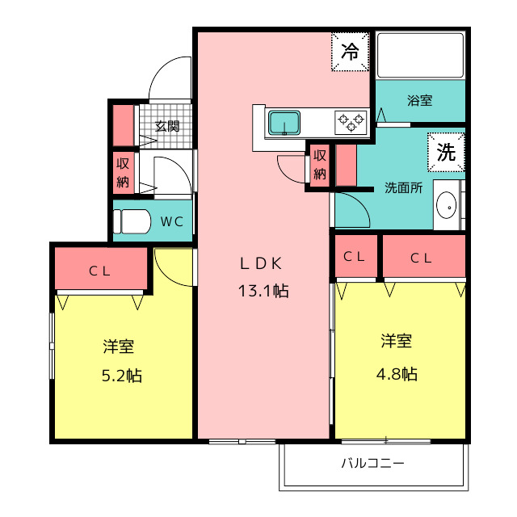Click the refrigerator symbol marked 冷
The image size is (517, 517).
tap(350, 52)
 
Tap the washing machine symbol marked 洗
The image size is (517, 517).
tap(446, 152)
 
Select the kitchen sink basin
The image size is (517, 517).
tap(284, 123)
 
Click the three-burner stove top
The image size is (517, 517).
tap(351, 123)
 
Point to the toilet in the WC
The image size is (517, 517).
tap(132, 221)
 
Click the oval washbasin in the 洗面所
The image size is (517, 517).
tap(446, 205)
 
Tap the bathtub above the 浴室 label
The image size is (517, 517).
tap(420, 55)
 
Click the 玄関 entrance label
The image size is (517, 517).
tap(167, 126)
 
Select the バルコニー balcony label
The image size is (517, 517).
tap(372, 463)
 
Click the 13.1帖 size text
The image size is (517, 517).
tap(263, 291)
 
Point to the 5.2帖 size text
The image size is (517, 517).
tap(122, 376)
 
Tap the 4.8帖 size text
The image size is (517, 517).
tap(397, 374)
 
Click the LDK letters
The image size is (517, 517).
tap(261, 263)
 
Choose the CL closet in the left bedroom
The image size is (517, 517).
tap(100, 269)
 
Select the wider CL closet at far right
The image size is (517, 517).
tap(423, 256)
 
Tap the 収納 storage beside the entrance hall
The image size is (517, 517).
tap(123, 173)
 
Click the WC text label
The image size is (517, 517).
tap(172, 221)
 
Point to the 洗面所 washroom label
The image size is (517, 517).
tap(403, 187)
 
